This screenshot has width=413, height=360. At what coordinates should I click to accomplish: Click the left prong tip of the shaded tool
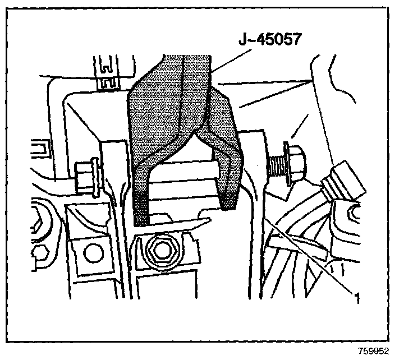[141, 215]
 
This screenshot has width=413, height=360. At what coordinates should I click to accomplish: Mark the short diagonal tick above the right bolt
[302, 124]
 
